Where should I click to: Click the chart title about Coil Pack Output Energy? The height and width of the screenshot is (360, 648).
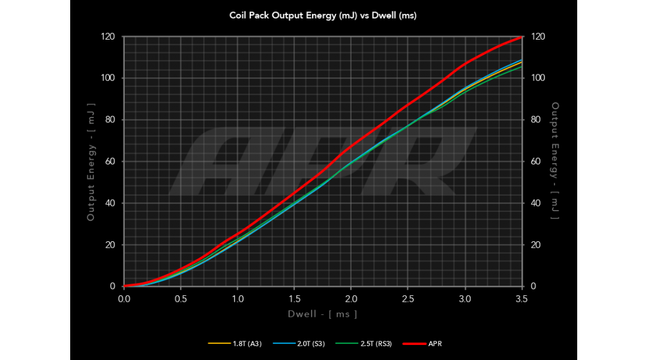click(x=323, y=16)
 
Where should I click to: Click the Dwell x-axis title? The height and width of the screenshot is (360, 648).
click(x=323, y=314)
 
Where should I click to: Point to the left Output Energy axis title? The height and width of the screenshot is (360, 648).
click(x=91, y=161)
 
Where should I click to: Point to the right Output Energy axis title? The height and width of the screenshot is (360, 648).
click(x=556, y=161)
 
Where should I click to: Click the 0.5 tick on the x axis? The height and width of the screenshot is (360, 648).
click(x=181, y=298)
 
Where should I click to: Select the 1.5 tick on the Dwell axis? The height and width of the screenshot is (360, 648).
click(x=295, y=298)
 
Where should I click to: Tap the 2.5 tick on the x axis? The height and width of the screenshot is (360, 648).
click(x=409, y=298)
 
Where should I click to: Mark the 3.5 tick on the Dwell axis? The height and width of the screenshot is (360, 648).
click(x=522, y=298)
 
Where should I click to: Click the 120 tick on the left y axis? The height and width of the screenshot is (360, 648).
click(x=109, y=37)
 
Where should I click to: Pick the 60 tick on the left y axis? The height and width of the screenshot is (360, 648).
click(x=110, y=161)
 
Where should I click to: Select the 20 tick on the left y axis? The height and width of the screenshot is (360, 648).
click(x=110, y=245)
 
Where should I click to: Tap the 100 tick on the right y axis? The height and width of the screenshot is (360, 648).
click(x=538, y=78)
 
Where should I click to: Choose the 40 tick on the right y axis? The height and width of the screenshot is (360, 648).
click(x=536, y=203)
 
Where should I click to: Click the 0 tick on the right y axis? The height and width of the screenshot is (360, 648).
click(x=534, y=286)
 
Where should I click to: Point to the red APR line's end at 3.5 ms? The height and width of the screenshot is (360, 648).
click(x=521, y=37)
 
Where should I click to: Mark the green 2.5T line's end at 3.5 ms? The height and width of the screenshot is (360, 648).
click(x=521, y=67)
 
